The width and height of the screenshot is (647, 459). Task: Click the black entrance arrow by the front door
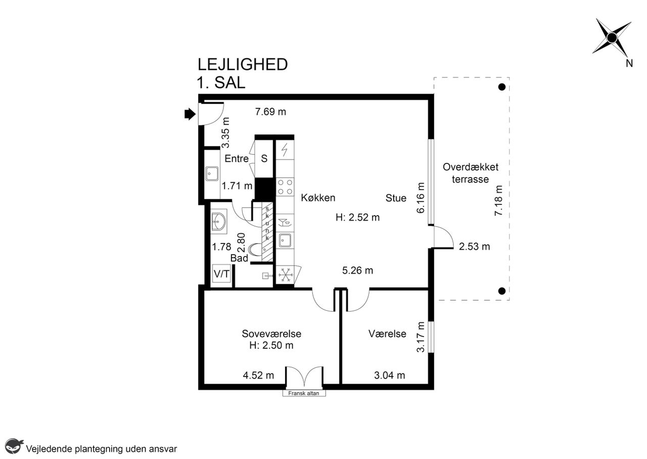(190, 114)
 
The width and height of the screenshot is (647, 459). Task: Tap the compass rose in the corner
(612, 38)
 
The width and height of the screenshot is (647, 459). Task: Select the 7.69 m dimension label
(270, 112)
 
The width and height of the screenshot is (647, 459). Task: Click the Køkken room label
(318, 198)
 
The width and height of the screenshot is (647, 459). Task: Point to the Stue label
(396, 198)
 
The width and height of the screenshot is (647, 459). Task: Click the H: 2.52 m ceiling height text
(357, 217)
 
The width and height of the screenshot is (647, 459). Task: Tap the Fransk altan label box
(304, 393)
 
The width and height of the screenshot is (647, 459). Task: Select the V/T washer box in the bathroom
(221, 274)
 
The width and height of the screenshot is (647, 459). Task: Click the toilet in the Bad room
(254, 250)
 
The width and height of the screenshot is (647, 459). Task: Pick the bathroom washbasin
(219, 222)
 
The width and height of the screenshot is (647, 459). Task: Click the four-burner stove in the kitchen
(285, 187)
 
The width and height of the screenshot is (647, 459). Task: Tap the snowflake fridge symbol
(286, 274)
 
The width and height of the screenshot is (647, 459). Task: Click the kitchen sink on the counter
(285, 241)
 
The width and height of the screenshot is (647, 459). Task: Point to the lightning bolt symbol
(285, 149)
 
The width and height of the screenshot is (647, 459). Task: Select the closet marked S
(264, 158)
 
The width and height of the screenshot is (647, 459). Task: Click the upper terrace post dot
(502, 87)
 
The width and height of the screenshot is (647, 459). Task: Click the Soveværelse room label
(271, 334)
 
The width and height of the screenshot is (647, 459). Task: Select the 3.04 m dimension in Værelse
(389, 375)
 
